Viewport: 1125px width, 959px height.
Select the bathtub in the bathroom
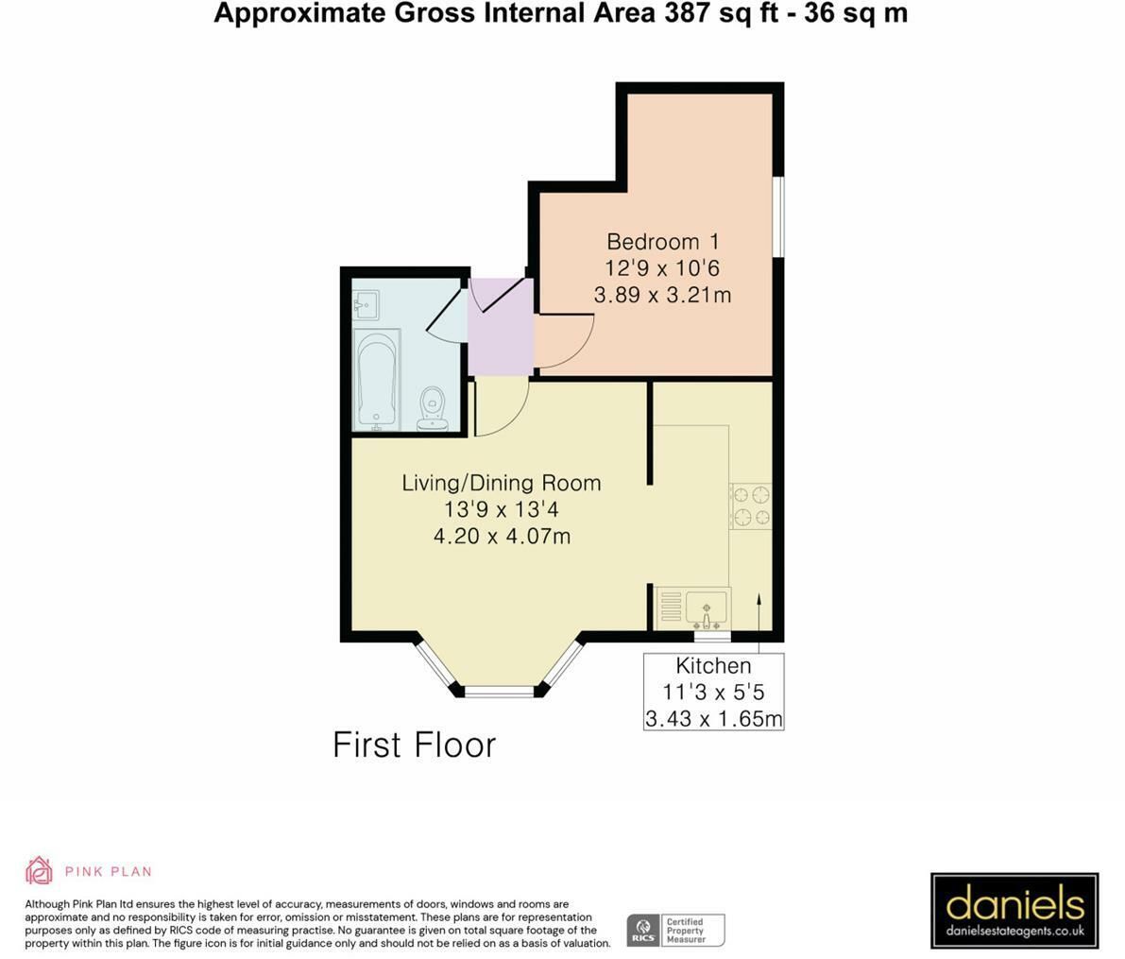point(377,380)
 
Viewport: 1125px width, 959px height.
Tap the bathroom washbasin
point(366,305)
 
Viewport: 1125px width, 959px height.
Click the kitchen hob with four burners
point(751,506)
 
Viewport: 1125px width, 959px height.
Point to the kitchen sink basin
point(707,607)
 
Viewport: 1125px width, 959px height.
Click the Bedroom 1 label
point(662,241)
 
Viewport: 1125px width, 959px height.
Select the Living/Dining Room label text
point(502,483)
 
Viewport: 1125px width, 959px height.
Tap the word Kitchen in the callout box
point(713,665)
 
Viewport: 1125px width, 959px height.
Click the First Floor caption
point(414,745)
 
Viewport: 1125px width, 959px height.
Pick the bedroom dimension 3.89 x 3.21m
point(662,294)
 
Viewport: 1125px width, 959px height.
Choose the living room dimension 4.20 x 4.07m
point(502,536)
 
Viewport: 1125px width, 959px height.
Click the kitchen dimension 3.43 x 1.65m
point(713,718)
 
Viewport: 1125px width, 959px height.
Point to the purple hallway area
point(500,327)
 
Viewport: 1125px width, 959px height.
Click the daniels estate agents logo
point(1014,909)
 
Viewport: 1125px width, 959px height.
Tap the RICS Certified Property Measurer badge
point(676,931)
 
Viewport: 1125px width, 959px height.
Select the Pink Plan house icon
point(39,871)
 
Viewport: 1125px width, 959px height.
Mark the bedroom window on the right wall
point(781,215)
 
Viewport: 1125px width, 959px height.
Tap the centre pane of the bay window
point(500,691)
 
